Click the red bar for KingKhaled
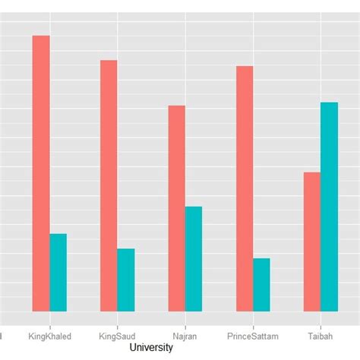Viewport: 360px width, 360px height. (x=41, y=173)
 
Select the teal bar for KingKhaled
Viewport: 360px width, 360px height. (x=58, y=272)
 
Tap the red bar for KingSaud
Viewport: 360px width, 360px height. (x=109, y=185)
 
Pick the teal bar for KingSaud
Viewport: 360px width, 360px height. (x=126, y=279)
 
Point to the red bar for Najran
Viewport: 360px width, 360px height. (x=176, y=208)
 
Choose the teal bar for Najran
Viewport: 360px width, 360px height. (x=194, y=258)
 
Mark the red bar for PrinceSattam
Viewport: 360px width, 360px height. (x=244, y=188)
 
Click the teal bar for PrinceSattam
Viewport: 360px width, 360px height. (x=261, y=285)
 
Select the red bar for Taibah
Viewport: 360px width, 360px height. (x=311, y=242)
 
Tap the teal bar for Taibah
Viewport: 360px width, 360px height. (x=329, y=207)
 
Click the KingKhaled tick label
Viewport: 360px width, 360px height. (x=49, y=335)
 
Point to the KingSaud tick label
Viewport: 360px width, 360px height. (x=118, y=335)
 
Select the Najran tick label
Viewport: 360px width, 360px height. (x=185, y=335)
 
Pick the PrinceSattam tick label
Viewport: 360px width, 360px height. (x=253, y=335)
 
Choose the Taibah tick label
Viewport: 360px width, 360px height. (x=320, y=335)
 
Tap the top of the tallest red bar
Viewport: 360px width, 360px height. (x=41, y=36)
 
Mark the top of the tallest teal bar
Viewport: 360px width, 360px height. (x=329, y=103)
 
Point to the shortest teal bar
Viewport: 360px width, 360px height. (x=261, y=285)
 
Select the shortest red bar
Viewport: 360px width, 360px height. (x=311, y=242)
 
